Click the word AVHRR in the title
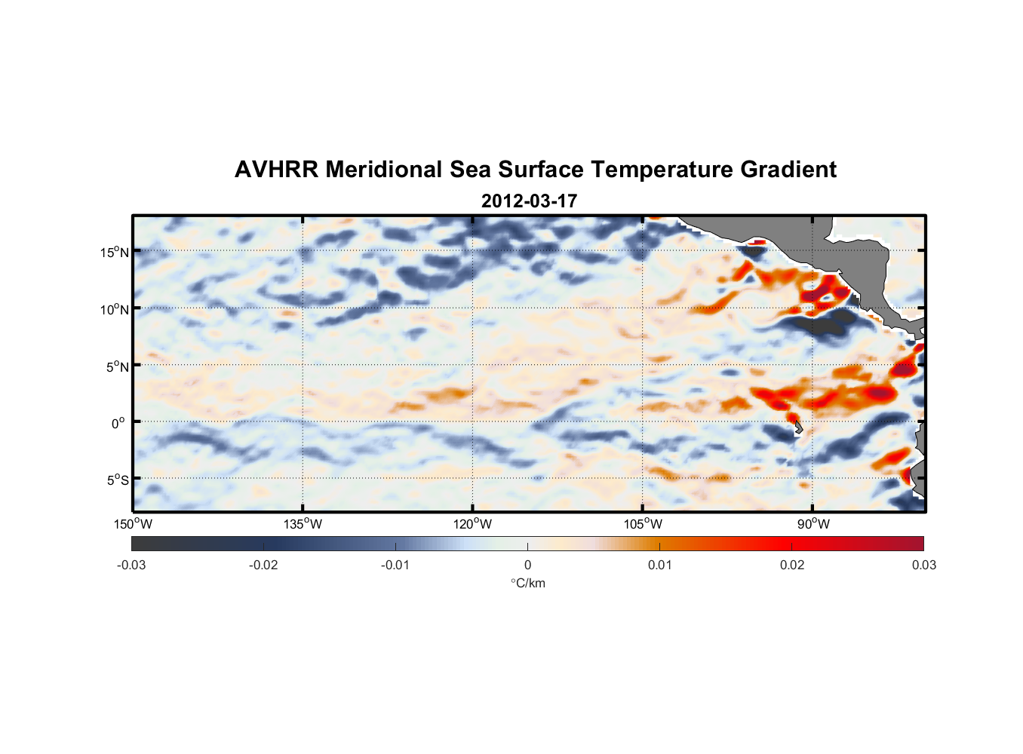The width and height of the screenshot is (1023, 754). pyautogui.click(x=276, y=170)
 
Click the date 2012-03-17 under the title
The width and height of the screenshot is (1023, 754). pyautogui.click(x=529, y=201)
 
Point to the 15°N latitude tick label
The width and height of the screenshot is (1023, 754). pyautogui.click(x=115, y=252)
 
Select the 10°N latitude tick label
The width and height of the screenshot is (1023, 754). pyautogui.click(x=115, y=309)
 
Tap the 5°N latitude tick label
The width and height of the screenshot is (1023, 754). pyautogui.click(x=117, y=366)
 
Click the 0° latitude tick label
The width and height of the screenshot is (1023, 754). pyautogui.click(x=118, y=424)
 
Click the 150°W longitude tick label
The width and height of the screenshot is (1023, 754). pyautogui.click(x=133, y=525)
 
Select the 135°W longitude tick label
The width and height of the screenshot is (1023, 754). pyautogui.click(x=303, y=525)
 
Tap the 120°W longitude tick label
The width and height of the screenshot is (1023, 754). pyautogui.click(x=472, y=525)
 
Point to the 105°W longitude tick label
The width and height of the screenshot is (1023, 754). pyautogui.click(x=643, y=525)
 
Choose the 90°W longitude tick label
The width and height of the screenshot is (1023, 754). pyautogui.click(x=813, y=525)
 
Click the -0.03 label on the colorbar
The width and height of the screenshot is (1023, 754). pyautogui.click(x=131, y=565)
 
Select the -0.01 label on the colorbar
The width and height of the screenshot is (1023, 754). pyautogui.click(x=395, y=565)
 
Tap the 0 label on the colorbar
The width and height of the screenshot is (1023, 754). pyautogui.click(x=527, y=565)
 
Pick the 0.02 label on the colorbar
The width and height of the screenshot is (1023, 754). pyautogui.click(x=792, y=565)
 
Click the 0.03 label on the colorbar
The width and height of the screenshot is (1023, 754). pyautogui.click(x=923, y=565)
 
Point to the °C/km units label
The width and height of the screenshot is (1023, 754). pyautogui.click(x=527, y=583)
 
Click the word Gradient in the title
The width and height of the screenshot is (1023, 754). pyautogui.click(x=788, y=170)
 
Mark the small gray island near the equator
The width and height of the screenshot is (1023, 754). pyautogui.click(x=798, y=428)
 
